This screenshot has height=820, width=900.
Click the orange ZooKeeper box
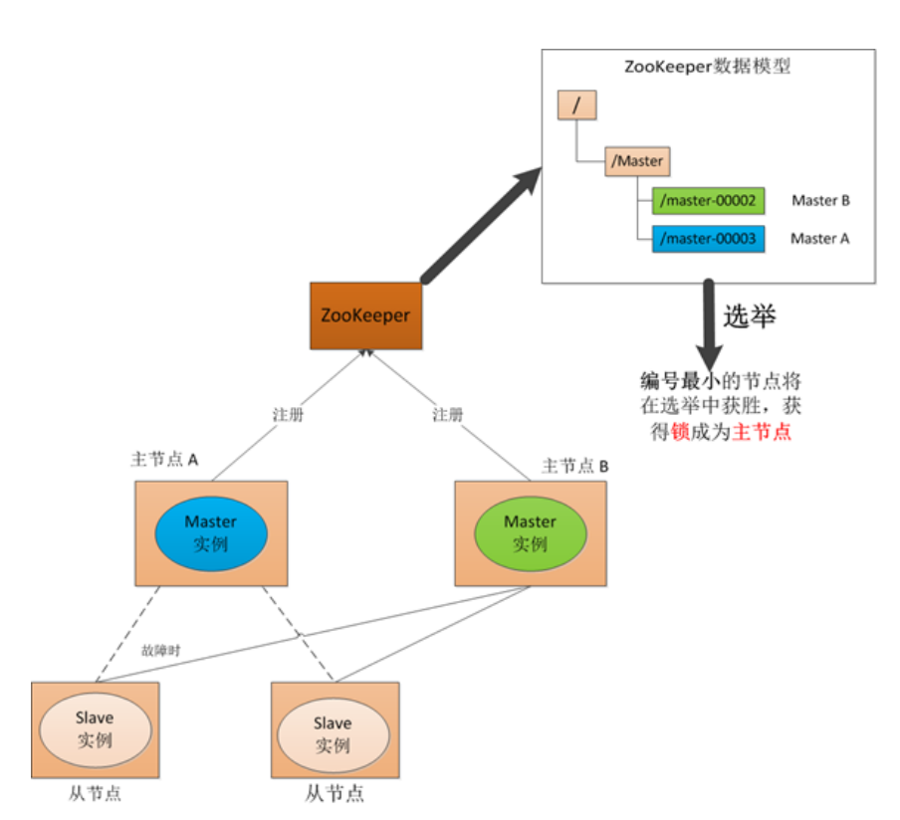click(x=365, y=315)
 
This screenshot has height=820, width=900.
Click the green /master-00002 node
click(x=708, y=201)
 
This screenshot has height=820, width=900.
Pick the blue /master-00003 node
click(x=708, y=239)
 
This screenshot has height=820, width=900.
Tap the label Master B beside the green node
click(x=820, y=201)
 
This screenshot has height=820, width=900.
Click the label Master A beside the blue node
click(x=820, y=239)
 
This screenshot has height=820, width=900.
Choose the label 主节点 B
click(x=574, y=465)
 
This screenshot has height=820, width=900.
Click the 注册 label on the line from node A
click(x=287, y=414)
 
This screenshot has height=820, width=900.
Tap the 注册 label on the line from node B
click(x=448, y=414)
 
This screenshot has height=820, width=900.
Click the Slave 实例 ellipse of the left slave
click(x=95, y=728)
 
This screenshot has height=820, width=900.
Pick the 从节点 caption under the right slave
click(x=334, y=794)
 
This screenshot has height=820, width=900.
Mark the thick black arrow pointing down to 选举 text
click(x=710, y=323)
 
